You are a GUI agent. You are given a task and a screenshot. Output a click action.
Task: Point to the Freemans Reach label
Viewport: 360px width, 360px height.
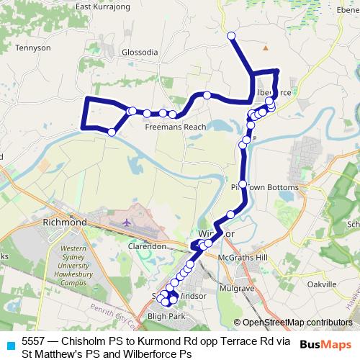[176, 127]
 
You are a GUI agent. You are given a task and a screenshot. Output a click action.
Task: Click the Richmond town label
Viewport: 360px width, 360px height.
[65, 223]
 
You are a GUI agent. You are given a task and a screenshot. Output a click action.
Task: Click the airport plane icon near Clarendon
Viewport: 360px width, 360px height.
[129, 222]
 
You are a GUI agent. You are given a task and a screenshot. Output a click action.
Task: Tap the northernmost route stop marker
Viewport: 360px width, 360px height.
[231, 35]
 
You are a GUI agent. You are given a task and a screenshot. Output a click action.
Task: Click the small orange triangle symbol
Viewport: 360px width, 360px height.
[266, 49]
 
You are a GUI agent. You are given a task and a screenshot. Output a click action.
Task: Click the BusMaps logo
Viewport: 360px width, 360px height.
[327, 344]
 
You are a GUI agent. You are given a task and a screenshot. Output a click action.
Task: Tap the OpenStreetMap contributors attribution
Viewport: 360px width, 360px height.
[297, 322]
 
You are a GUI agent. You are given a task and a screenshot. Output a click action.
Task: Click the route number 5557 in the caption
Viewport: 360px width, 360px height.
[35, 341]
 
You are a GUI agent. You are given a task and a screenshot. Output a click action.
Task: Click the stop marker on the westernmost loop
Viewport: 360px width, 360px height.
[112, 132]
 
